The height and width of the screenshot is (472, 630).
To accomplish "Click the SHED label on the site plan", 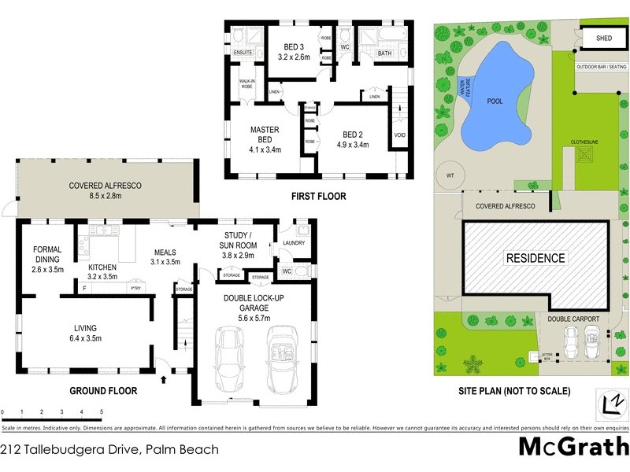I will (x=604, y=38).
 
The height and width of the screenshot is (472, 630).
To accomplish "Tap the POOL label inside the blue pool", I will (x=495, y=101).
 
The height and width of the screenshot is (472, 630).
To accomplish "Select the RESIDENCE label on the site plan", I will (x=535, y=258).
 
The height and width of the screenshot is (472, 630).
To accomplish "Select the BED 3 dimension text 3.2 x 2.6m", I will (x=294, y=57).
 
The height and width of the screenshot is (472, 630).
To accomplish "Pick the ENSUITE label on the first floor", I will (x=243, y=53).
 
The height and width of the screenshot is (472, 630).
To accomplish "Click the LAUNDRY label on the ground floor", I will (x=294, y=243).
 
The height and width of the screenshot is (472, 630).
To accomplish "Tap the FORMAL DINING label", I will (x=47, y=256).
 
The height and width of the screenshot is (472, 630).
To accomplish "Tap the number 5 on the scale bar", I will (x=102, y=412).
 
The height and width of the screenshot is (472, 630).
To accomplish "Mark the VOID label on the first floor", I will (x=400, y=135).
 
